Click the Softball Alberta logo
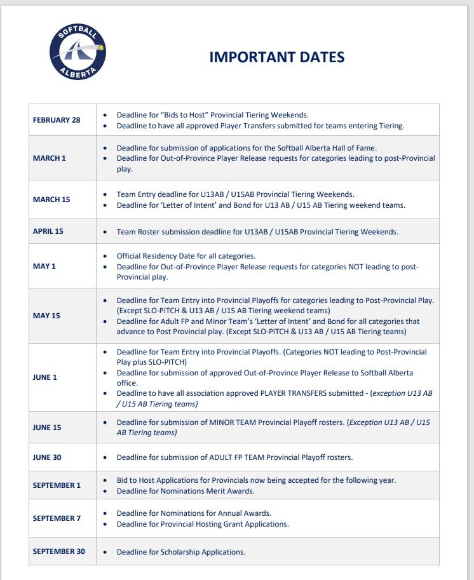(78, 52)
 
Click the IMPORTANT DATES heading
(277, 57)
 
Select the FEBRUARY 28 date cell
(57, 120)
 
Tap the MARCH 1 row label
(50, 158)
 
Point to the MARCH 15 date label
(51, 199)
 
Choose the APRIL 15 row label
(48, 231)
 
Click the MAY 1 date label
(44, 266)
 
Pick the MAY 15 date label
(46, 316)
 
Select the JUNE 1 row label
(45, 377)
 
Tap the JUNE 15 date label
(47, 428)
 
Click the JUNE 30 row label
(47, 457)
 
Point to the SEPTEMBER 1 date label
(57, 485)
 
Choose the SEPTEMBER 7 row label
(57, 518)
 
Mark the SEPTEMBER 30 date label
(58, 551)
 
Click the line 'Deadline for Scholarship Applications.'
(181, 552)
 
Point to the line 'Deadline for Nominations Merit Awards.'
(186, 491)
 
